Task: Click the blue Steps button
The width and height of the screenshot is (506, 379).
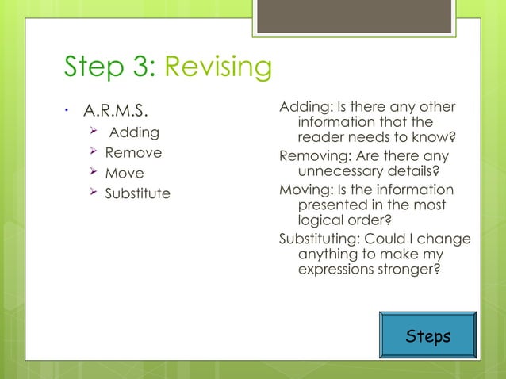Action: click(x=427, y=335)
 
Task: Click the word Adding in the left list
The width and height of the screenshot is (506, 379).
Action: click(x=134, y=132)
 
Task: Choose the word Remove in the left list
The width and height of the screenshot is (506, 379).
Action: click(x=133, y=152)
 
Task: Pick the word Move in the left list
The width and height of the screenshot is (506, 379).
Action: click(x=125, y=173)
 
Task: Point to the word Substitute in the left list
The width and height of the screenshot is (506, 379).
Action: click(x=137, y=193)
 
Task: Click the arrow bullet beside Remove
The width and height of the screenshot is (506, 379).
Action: click(x=92, y=152)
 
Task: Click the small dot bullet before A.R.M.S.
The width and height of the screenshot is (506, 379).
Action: click(x=67, y=109)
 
